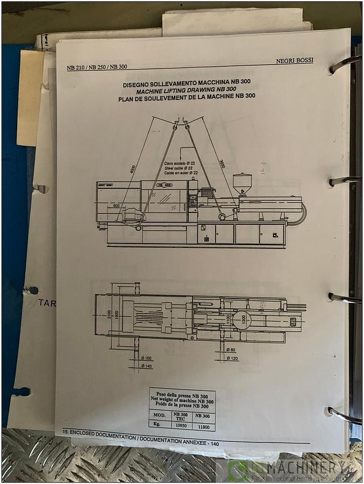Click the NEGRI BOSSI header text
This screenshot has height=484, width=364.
(x=294, y=61)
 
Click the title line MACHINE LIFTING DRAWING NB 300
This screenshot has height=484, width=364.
(x=187, y=89)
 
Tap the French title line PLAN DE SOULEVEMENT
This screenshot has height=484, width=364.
(x=187, y=96)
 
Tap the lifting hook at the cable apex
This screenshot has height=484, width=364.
(x=181, y=124)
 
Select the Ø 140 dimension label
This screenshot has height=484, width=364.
(x=146, y=366)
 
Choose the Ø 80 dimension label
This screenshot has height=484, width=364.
(x=231, y=350)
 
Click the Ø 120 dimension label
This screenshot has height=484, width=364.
(x=232, y=358)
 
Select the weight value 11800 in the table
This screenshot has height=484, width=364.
(x=202, y=425)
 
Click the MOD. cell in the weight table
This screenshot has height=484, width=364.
(x=159, y=416)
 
